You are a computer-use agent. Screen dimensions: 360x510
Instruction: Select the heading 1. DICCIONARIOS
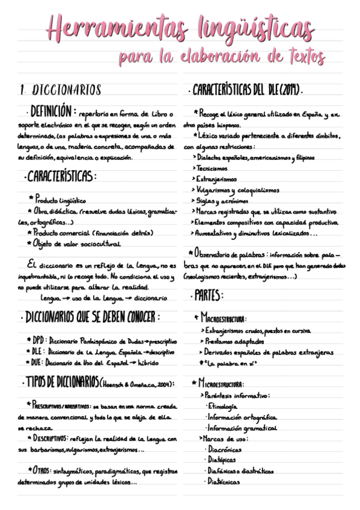(x=60, y=91)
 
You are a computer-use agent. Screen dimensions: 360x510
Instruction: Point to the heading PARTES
(x=209, y=295)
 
